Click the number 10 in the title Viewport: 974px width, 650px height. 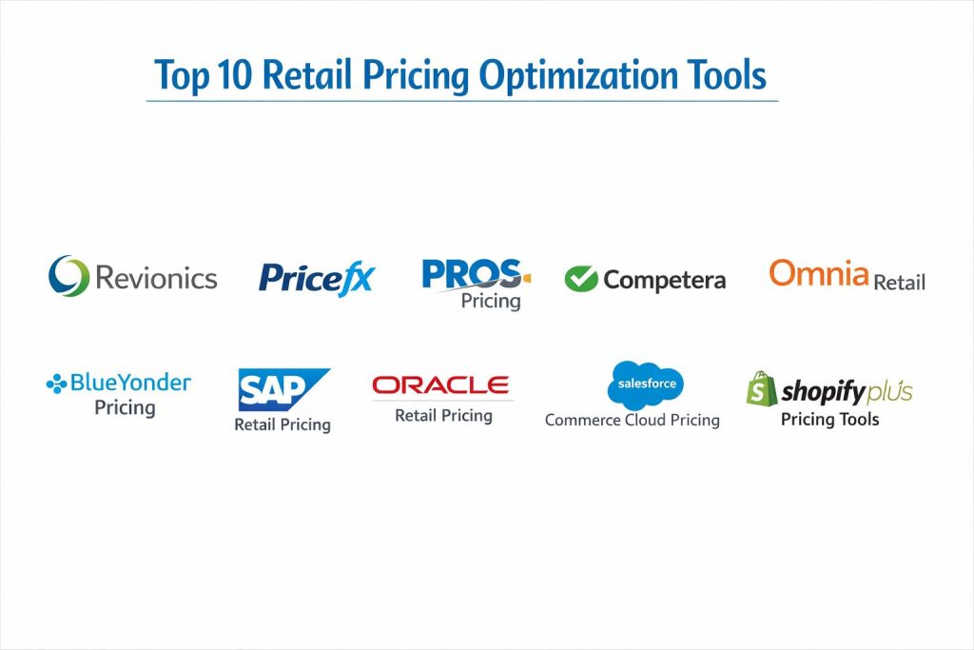pos(234,74)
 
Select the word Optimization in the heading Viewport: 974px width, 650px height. pos(577,76)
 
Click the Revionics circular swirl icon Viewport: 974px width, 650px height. pos(68,276)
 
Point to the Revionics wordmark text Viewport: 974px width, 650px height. pos(157,278)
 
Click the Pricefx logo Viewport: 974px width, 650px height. pos(317,279)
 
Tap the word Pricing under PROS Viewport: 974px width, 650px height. pos(491,302)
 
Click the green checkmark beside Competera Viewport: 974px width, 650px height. pos(581,279)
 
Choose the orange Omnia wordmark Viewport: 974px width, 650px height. pos(819,273)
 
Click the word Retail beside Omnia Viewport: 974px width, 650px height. pos(900,283)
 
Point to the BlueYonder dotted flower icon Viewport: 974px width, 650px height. pos(56,384)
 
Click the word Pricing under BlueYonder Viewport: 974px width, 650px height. pos(125,408)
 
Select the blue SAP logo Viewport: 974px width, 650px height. pos(283,389)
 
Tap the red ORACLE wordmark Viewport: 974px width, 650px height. pos(440,385)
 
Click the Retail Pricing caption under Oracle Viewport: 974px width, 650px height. pos(443,416)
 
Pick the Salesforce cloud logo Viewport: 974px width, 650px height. pos(646,384)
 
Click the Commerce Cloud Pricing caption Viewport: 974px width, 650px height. pos(633,420)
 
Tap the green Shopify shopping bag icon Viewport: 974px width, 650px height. pos(762,389)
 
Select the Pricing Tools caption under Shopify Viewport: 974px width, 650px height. pos(829,420)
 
